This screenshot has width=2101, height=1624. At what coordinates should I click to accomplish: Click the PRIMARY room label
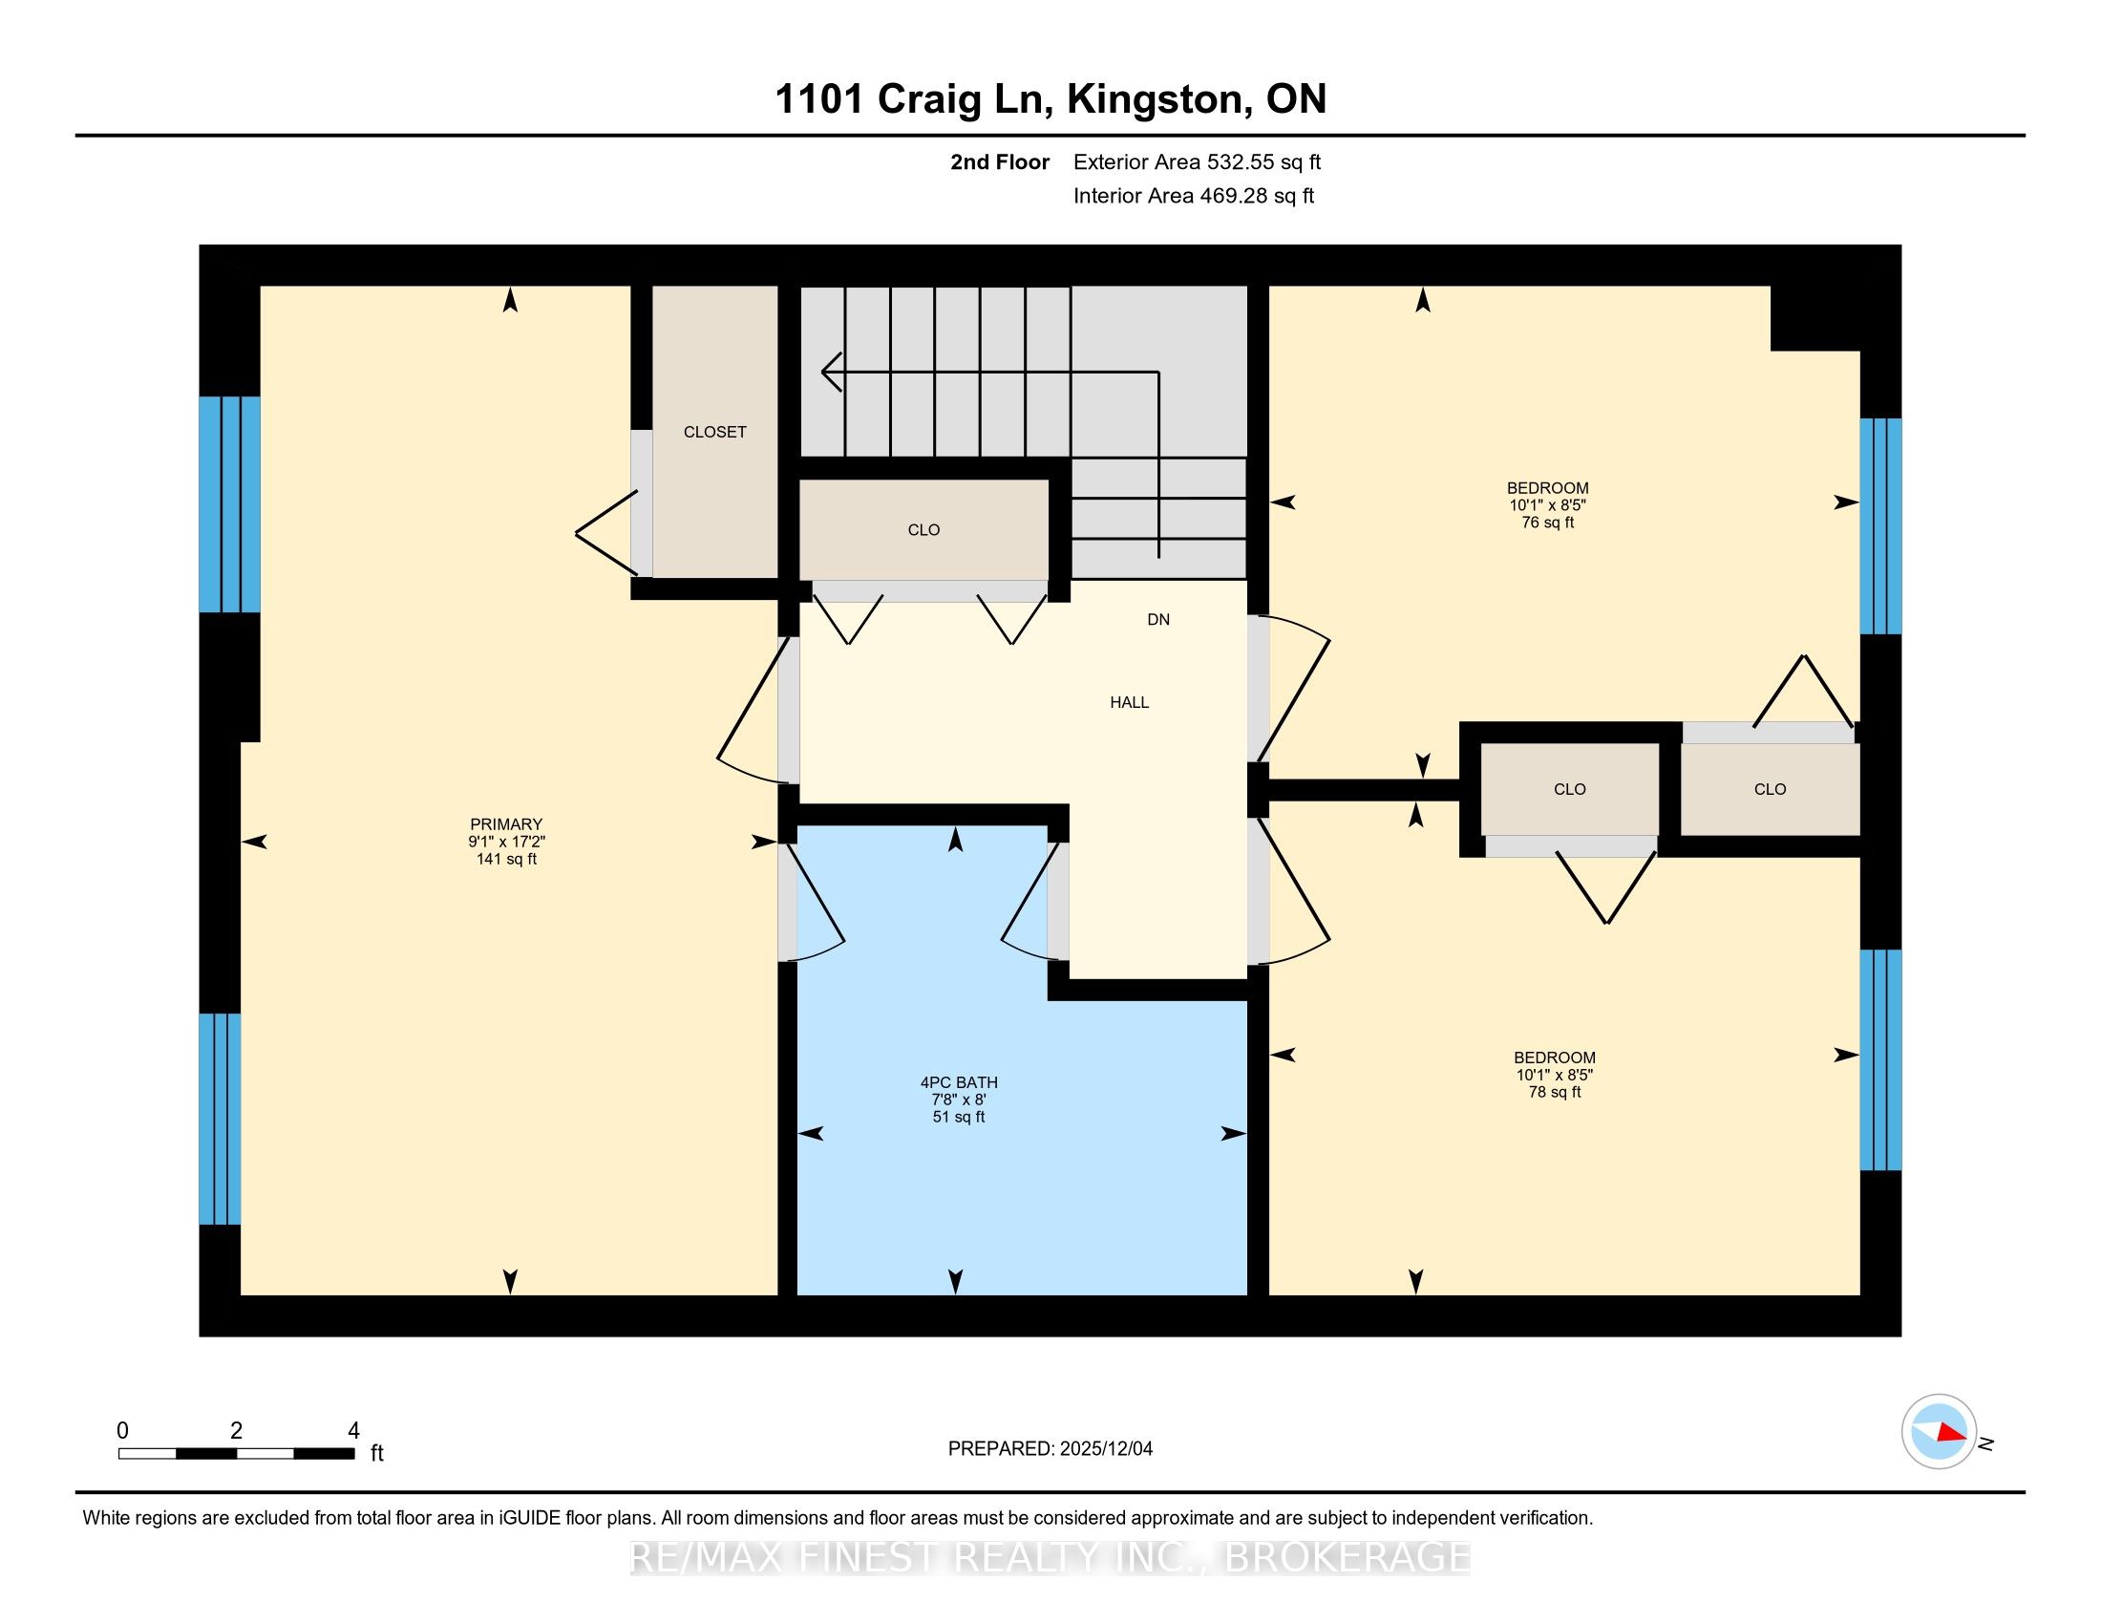(x=506, y=824)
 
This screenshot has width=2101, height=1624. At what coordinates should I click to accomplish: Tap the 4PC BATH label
(x=959, y=1082)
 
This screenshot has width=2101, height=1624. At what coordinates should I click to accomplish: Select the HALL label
(x=1130, y=702)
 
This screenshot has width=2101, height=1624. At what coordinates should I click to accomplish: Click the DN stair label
(x=1158, y=620)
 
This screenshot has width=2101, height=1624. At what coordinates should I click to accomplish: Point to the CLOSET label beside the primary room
(x=714, y=432)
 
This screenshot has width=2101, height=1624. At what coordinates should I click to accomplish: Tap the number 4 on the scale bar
(x=353, y=1431)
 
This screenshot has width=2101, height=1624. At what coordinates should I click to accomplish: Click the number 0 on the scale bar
(x=122, y=1431)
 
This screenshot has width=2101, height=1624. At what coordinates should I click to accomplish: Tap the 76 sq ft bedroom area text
(x=1548, y=523)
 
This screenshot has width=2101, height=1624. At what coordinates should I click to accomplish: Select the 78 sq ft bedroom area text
(x=1555, y=1092)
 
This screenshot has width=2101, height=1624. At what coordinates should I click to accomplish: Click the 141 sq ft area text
(x=506, y=859)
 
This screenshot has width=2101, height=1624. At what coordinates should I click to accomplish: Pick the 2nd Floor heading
(x=1000, y=162)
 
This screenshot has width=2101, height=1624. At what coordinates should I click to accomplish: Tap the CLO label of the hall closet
(x=923, y=530)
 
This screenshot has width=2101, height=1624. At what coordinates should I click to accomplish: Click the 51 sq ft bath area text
(x=959, y=1117)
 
